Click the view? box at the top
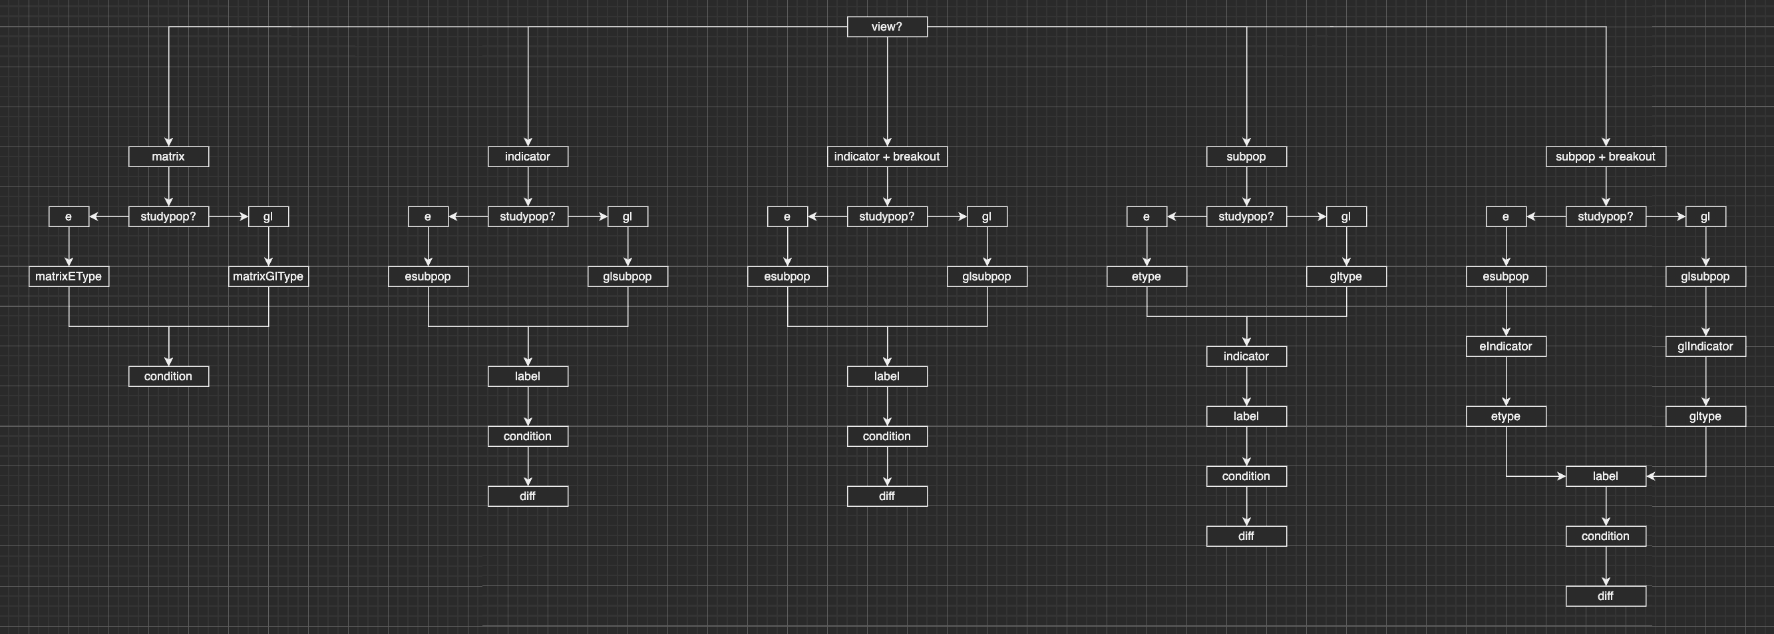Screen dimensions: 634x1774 pos(887,27)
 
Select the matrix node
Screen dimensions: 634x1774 pos(169,157)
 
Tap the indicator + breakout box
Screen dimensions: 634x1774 pos(887,157)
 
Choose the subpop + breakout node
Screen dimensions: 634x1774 pos(1605,157)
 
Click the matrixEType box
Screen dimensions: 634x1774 pos(69,276)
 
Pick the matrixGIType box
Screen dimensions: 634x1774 pos(269,276)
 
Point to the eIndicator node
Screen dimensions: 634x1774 pos(1506,346)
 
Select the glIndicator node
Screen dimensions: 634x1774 pos(1705,346)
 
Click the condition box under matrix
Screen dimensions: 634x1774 pos(169,376)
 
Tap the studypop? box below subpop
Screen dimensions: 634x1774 pos(1246,216)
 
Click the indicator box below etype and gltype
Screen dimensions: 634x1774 pos(1246,356)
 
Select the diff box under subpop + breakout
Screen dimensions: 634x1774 pos(1605,596)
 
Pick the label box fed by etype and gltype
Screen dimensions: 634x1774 pos(1605,476)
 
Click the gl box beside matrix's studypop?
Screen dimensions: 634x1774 pos(269,216)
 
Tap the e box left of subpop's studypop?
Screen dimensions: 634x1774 pos(1147,216)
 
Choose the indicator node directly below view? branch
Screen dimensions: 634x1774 pos(528,157)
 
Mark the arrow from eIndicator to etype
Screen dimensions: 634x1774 pos(1506,381)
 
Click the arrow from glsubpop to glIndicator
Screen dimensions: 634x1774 pos(1706,311)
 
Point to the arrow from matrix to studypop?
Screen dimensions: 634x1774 pos(169,186)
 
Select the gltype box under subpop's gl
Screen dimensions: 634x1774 pos(1346,276)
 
